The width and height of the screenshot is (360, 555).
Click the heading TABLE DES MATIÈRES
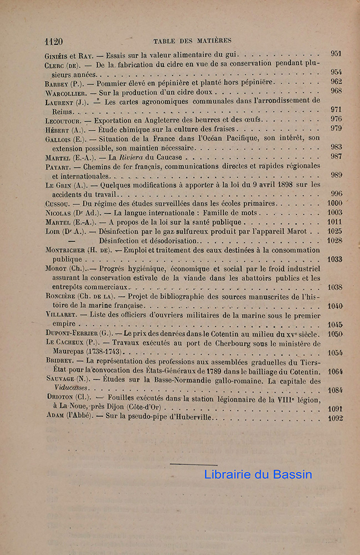(192, 41)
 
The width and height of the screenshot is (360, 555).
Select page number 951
(336, 54)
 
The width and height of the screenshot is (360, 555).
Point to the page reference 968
(336, 91)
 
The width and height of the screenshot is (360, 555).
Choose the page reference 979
(336, 129)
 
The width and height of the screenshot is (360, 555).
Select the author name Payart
(57, 167)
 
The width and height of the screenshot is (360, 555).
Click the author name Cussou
(57, 204)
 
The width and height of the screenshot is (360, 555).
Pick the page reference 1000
(334, 204)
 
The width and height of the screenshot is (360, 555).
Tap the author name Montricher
(64, 250)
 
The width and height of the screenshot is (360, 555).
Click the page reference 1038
(334, 287)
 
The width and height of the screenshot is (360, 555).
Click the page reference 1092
(334, 417)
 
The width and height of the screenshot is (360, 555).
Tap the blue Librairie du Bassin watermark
(258, 475)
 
